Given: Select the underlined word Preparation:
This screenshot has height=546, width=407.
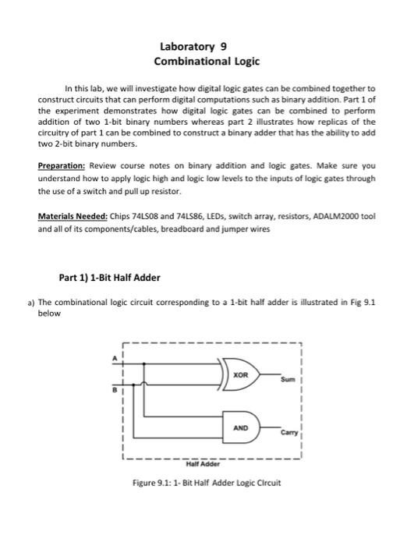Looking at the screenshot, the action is coord(62,166).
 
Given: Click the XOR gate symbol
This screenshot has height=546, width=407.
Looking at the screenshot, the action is coord(240,374).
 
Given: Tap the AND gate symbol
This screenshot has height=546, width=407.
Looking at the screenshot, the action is coord(240,427).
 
